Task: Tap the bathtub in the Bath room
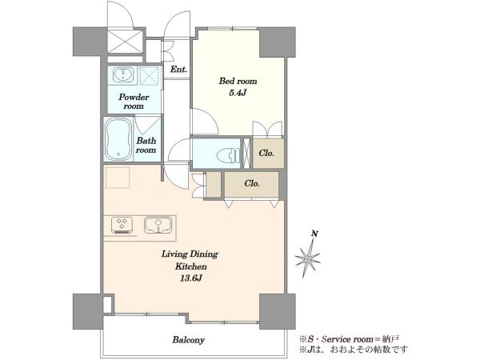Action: [x=118, y=139]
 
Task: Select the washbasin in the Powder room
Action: [x=122, y=74]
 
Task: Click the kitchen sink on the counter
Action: [x=158, y=225]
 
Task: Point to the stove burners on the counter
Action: [x=122, y=226]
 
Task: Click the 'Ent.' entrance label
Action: [x=178, y=70]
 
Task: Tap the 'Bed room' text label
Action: [x=238, y=81]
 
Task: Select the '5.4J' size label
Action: [x=238, y=93]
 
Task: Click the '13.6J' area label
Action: [x=190, y=278]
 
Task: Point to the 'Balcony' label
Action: [x=188, y=340]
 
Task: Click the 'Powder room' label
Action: [x=134, y=102]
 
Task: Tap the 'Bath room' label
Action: [x=146, y=146]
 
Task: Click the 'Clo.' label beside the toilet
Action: [x=266, y=153]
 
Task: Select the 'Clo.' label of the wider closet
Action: [x=252, y=183]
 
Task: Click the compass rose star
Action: [x=308, y=258]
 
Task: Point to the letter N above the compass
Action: [x=314, y=234]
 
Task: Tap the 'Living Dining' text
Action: [x=190, y=254]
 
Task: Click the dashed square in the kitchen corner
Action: [x=118, y=178]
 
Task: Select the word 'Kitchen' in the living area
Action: [x=190, y=266]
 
